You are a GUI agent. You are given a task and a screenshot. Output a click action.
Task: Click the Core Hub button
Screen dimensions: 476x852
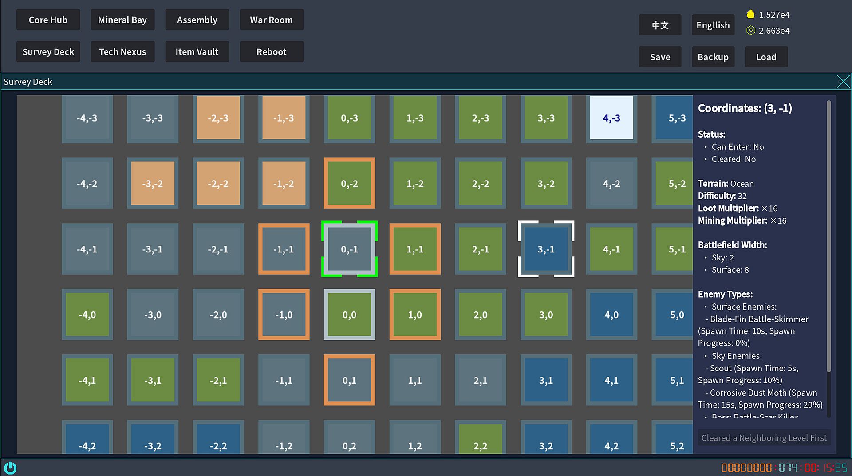[48, 20]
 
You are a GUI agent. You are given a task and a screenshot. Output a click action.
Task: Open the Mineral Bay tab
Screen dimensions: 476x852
[122, 20]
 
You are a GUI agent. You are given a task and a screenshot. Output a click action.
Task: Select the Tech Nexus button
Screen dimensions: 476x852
[122, 52]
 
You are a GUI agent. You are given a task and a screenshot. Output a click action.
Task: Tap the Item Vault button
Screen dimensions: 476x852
[197, 52]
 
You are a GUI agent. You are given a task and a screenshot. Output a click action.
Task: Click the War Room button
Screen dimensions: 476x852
[271, 20]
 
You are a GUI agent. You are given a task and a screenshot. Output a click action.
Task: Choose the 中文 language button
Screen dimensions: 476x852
[660, 25]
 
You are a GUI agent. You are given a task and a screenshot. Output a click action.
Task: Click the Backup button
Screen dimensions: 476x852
[713, 57]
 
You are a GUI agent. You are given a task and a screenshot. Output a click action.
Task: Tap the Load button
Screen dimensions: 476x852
[766, 57]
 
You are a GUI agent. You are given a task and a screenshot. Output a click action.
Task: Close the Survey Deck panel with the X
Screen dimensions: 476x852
[843, 82]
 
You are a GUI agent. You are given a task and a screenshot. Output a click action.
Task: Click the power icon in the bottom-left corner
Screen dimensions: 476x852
[10, 468]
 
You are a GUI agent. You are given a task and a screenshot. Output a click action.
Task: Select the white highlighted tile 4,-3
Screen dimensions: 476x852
[611, 118]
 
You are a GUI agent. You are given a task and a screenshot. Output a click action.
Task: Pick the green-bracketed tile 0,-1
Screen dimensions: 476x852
[349, 249]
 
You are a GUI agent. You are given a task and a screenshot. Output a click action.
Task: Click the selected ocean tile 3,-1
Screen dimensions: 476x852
[546, 249]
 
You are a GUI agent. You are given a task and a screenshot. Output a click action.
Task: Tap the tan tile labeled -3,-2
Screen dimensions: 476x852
[153, 184]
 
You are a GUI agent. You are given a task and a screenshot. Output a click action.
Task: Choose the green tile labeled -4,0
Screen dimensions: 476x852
[87, 315]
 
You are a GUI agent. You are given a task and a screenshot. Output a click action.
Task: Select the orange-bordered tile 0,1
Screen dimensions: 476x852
[349, 380]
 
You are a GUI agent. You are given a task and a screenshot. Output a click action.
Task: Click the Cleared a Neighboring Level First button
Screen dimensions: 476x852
[764, 438]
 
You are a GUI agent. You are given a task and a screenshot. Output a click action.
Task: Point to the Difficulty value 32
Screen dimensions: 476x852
[742, 196]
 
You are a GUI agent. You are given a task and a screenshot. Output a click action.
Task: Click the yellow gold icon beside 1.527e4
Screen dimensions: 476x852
[750, 15]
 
